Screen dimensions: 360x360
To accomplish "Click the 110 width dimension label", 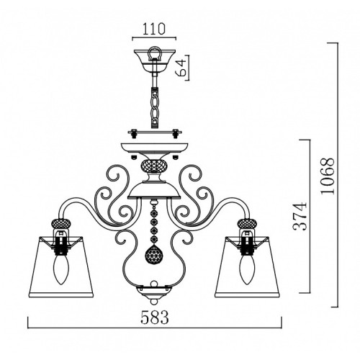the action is pos(154,29).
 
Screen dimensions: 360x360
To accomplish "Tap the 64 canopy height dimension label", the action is pos(181,68).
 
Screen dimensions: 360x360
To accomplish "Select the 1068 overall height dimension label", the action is pos(328,176).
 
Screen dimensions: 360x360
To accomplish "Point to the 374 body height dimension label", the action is pos(300,217).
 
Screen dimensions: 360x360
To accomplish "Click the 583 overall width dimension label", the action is pos(155,318).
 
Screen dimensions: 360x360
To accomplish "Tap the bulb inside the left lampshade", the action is pos(60,269).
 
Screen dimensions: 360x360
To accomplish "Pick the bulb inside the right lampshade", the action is pos(248,269).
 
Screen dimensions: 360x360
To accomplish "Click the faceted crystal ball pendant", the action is pos(154,253).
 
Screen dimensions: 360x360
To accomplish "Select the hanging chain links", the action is pos(155,107).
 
